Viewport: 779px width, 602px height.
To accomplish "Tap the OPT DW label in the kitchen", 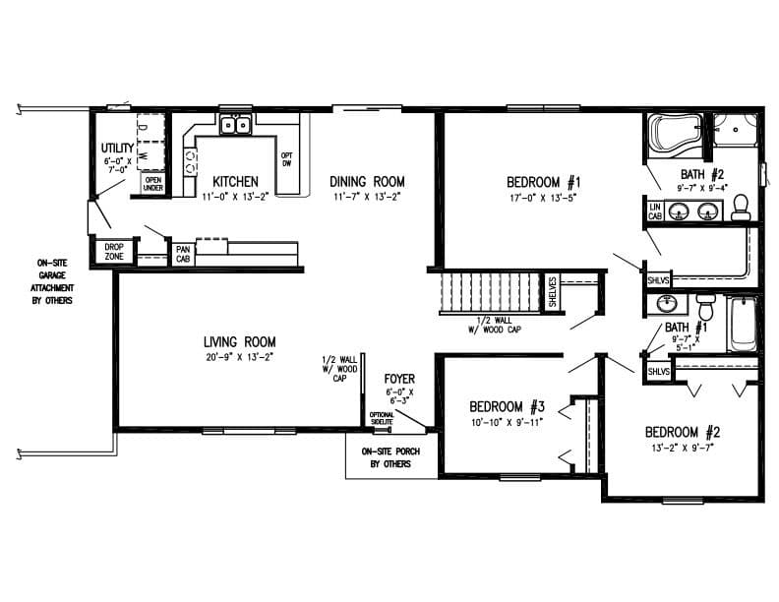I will pos(287,159).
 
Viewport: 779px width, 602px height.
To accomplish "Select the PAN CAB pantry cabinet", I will pos(182,253).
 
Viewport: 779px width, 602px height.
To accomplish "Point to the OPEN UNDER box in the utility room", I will pos(152,184).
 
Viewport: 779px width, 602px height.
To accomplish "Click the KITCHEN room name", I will pos(235,182).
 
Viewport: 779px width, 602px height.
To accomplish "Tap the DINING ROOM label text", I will pos(367,181).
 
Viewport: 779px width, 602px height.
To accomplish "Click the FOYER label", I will pos(399,377).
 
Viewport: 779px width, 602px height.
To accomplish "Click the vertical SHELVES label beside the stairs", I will pos(552,292).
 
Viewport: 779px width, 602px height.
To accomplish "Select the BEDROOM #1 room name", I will pos(544,182).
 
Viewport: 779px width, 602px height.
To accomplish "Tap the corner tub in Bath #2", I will pos(673,135).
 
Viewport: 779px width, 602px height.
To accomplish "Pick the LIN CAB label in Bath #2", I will pos(654,211).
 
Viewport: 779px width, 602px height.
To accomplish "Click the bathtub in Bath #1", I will pos(743,324).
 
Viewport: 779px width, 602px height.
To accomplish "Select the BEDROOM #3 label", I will pos(507,406).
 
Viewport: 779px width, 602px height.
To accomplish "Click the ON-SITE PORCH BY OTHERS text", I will pos(386,457).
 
